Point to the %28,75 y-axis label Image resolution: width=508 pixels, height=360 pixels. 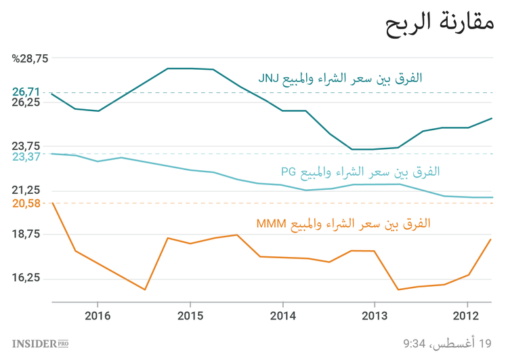pyautogui.click(x=30, y=58)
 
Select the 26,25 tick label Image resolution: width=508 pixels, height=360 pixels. pyautogui.click(x=27, y=102)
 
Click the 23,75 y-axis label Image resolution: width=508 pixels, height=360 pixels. pyautogui.click(x=27, y=146)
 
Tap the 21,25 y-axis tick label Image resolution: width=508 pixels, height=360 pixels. pyautogui.click(x=27, y=190)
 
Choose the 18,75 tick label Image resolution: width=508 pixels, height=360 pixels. pyautogui.click(x=27, y=234)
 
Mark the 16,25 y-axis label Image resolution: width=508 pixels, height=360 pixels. pyautogui.click(x=27, y=278)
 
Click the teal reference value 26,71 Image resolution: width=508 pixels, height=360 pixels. pyautogui.click(x=27, y=92)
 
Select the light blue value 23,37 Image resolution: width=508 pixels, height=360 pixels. pyautogui.click(x=27, y=157)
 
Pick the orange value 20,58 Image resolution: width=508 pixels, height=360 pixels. pyautogui.click(x=27, y=203)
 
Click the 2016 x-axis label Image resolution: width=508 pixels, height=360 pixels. pyautogui.click(x=98, y=316)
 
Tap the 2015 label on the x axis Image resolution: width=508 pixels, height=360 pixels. pyautogui.click(x=190, y=316)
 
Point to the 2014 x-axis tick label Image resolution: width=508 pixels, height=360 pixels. pyautogui.click(x=282, y=316)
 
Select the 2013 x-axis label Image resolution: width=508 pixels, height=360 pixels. pyautogui.click(x=375, y=316)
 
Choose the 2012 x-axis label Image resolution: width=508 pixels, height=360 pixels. pyautogui.click(x=467, y=316)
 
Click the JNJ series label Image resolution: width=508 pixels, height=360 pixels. pyautogui.click(x=339, y=78)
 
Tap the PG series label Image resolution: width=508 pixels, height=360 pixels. pyautogui.click(x=360, y=172)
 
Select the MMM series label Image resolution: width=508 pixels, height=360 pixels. pyautogui.click(x=343, y=223)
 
